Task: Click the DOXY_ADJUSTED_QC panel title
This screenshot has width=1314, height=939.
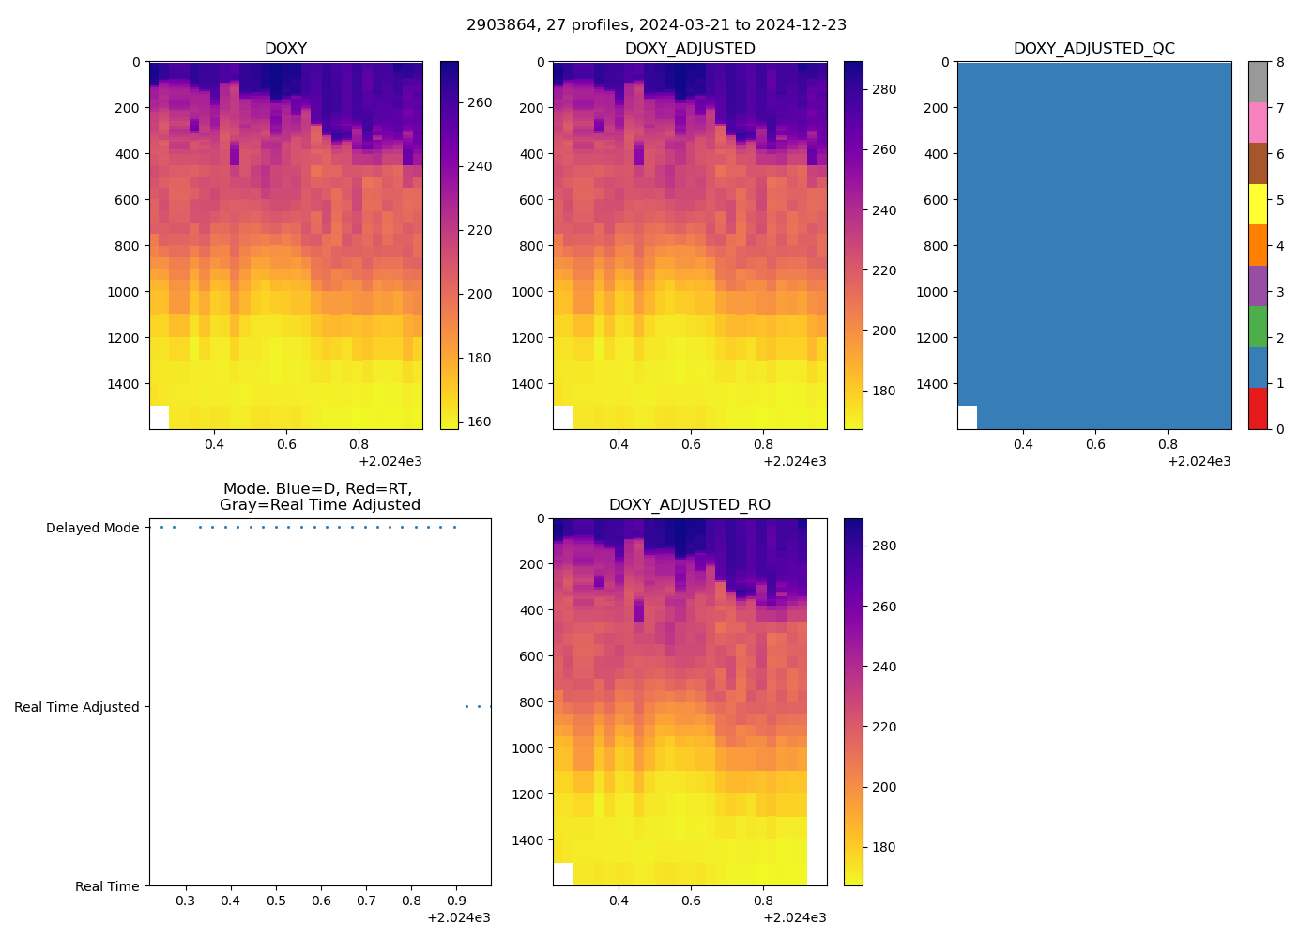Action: pos(1093,48)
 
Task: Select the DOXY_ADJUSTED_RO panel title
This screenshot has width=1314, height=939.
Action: pos(689,504)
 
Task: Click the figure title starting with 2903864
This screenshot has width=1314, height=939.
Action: pos(656,24)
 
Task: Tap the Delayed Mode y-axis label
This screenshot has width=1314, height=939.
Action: pos(92,528)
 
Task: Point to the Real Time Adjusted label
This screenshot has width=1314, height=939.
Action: pos(76,707)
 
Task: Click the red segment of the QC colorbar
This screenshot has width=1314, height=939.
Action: pos(1258,408)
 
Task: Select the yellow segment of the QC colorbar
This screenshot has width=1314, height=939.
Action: pos(1258,204)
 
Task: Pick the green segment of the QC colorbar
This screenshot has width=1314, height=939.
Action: pos(1258,326)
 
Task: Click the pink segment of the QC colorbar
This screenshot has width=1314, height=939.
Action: pos(1258,122)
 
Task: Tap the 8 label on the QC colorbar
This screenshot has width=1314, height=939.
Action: pos(1280,62)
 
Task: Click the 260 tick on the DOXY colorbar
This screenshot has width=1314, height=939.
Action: pos(480,102)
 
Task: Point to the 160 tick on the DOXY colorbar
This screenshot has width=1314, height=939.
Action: pos(480,422)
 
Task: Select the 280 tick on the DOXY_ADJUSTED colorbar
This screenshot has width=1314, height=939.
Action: pos(884,89)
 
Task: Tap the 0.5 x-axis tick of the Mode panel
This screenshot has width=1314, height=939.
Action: pos(276,901)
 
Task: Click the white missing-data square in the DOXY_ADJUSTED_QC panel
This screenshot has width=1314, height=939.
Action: pos(967,417)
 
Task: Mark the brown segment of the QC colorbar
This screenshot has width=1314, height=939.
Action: pos(1258,163)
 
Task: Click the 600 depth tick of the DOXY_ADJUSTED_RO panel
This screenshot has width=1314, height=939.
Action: pos(531,655)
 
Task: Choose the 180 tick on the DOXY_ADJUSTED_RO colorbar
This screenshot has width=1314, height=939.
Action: pos(884,847)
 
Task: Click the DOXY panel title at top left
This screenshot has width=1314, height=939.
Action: pos(285,48)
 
